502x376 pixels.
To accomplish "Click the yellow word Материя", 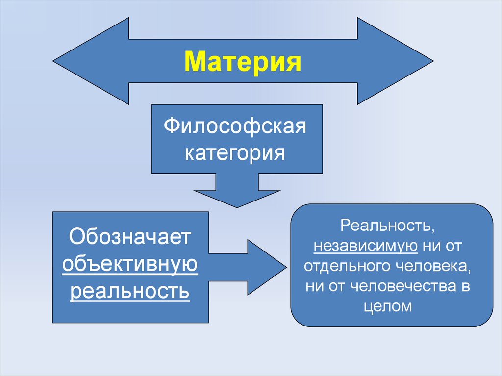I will coord(243,63).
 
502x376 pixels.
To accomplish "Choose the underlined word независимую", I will coord(366,247).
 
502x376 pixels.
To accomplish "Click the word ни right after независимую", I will coord(430,247).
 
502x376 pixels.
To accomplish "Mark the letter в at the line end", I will coord(465,287).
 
